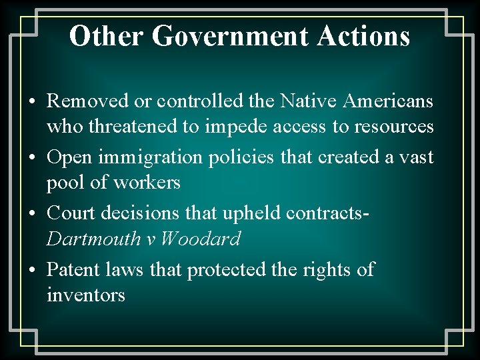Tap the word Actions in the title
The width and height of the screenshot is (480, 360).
tap(363, 37)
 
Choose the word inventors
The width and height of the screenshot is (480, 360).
tap(86, 294)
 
